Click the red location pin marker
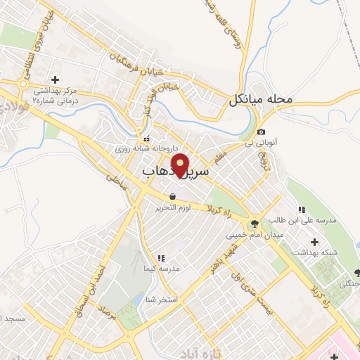(x=181, y=166)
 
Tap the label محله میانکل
(x=260, y=100)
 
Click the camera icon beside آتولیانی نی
(x=262, y=131)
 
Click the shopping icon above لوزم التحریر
(x=172, y=196)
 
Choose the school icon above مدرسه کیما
(x=161, y=258)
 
